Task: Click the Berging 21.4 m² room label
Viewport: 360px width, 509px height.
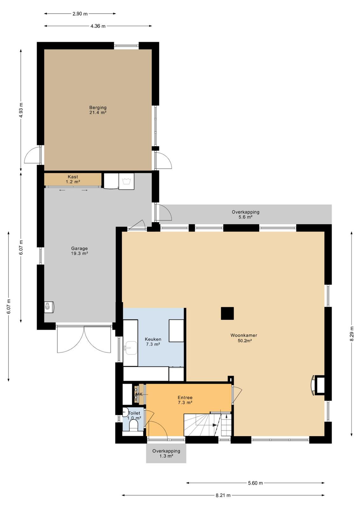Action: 98,110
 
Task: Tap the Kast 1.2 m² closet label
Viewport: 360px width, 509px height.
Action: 73,179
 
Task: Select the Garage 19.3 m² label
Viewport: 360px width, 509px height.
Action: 80,251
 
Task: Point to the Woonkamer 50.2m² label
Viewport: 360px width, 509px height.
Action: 244,338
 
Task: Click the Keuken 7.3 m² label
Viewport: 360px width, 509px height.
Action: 153,342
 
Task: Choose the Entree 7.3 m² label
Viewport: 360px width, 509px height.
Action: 185,400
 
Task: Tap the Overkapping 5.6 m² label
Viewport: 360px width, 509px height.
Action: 246,214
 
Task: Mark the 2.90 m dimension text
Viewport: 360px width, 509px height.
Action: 80,14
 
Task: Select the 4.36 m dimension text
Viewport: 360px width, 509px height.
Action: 98,26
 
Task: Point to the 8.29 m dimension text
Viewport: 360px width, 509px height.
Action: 352,334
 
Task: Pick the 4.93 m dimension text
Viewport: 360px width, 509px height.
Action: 21,110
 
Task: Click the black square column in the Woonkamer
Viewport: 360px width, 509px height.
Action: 227,313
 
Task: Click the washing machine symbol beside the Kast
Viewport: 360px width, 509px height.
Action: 126,181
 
